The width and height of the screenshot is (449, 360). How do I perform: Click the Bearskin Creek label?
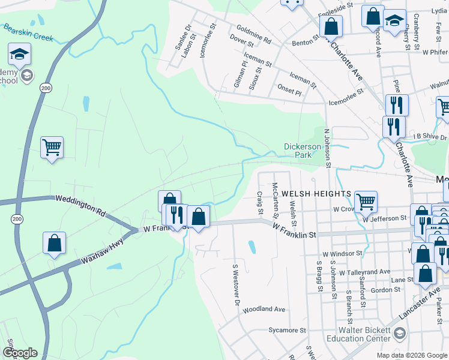tap(28, 32)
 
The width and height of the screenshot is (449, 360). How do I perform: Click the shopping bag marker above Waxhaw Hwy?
tap(54, 242)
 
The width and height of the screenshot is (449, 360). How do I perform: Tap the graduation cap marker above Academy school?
tap(19, 54)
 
